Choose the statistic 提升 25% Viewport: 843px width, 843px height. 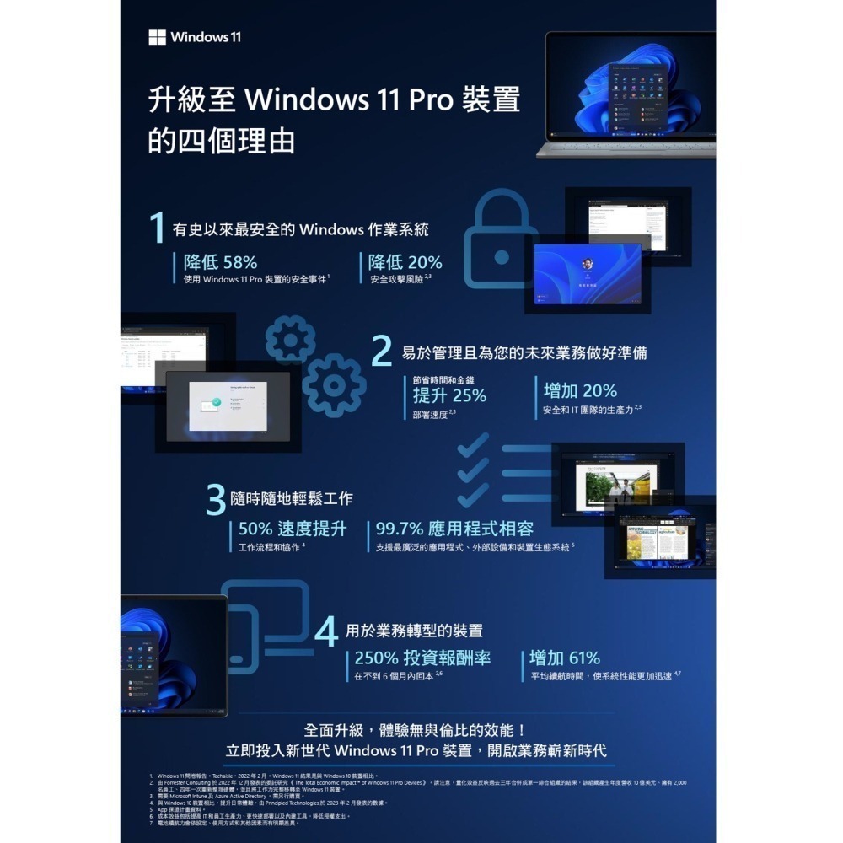[x=449, y=395]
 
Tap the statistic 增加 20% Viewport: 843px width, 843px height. [x=580, y=390]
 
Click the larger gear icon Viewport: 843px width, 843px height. [x=334, y=385]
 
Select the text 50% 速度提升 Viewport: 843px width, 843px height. [x=293, y=529]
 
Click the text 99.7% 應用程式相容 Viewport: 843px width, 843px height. [x=454, y=529]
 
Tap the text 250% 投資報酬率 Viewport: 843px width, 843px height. [x=422, y=658]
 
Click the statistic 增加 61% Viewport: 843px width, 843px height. [x=565, y=658]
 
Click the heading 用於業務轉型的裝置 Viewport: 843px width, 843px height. [x=414, y=630]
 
